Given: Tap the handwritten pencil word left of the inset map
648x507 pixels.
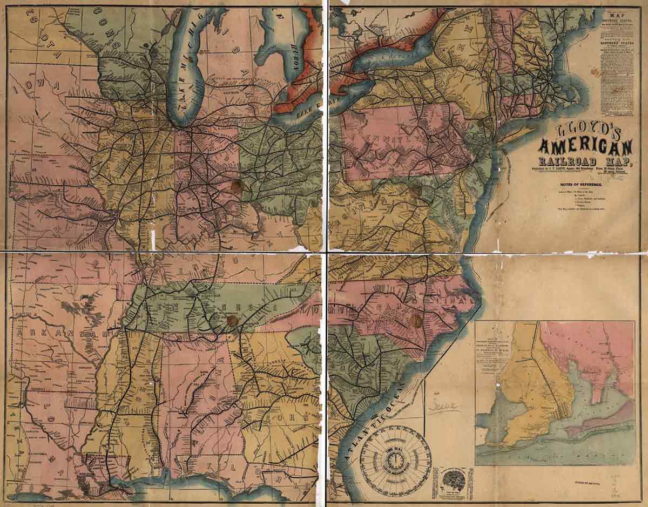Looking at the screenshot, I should tap(446, 406).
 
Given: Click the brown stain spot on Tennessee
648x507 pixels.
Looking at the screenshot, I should tap(233, 322).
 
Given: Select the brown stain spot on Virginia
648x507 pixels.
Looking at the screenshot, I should tap(414, 192).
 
